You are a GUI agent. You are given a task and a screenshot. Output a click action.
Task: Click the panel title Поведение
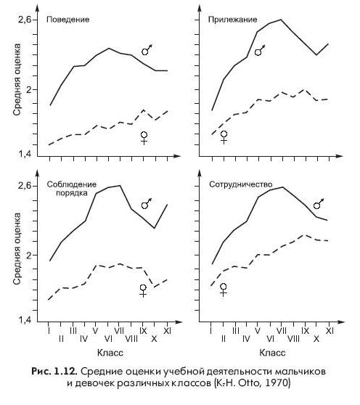[x=68, y=20]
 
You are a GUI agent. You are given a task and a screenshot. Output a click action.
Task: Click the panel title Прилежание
[x=233, y=20]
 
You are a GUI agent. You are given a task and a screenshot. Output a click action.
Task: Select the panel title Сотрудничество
[x=241, y=184]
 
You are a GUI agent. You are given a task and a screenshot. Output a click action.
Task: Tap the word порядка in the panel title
[x=72, y=193]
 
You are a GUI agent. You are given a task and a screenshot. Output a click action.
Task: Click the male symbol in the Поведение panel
[x=147, y=50]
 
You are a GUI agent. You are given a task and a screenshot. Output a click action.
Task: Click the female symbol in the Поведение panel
[x=144, y=138]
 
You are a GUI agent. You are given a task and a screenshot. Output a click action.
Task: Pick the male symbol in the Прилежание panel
[x=260, y=51]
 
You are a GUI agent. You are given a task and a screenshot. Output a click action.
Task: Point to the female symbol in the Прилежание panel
[x=224, y=137]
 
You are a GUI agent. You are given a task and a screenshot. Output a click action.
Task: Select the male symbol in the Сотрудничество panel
[x=319, y=204]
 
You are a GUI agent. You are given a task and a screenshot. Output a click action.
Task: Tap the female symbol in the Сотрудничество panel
[x=224, y=290]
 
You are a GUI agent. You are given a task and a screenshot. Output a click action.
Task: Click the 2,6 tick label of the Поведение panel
[x=25, y=20]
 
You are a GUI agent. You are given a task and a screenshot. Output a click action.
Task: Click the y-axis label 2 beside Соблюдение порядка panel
[x=28, y=255]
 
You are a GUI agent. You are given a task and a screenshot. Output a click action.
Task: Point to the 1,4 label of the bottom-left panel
[x=25, y=320]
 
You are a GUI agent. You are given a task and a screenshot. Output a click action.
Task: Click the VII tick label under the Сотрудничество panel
[x=281, y=331]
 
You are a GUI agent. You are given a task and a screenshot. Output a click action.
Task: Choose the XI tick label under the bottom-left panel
[x=168, y=331]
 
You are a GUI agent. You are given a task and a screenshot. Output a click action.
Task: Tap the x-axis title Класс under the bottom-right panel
[x=272, y=353]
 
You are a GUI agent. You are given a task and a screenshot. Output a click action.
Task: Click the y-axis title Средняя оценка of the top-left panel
[x=17, y=80]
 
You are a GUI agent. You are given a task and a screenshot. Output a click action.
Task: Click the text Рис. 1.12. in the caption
[x=54, y=372]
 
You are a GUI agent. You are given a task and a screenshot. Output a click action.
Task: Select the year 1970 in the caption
[x=280, y=382]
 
